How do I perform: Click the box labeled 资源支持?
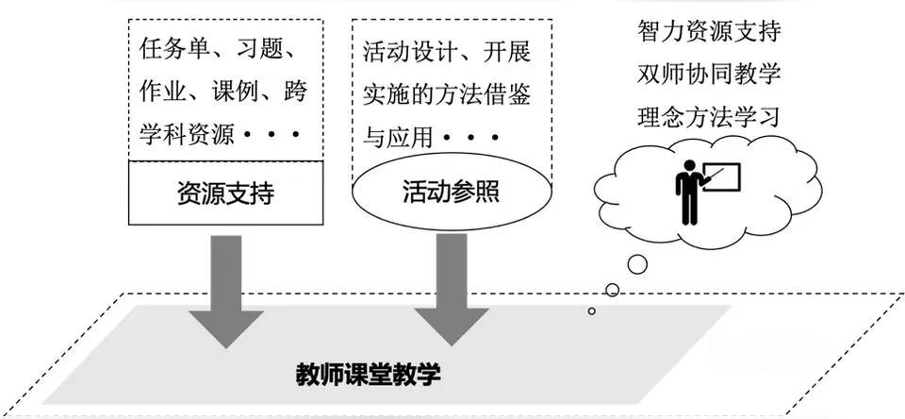(x=225, y=193)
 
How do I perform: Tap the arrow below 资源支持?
(x=226, y=283)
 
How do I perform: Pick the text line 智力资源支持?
(x=708, y=32)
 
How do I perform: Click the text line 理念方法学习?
(x=708, y=117)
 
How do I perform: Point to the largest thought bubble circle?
(x=637, y=264)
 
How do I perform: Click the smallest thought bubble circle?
(x=592, y=310)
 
